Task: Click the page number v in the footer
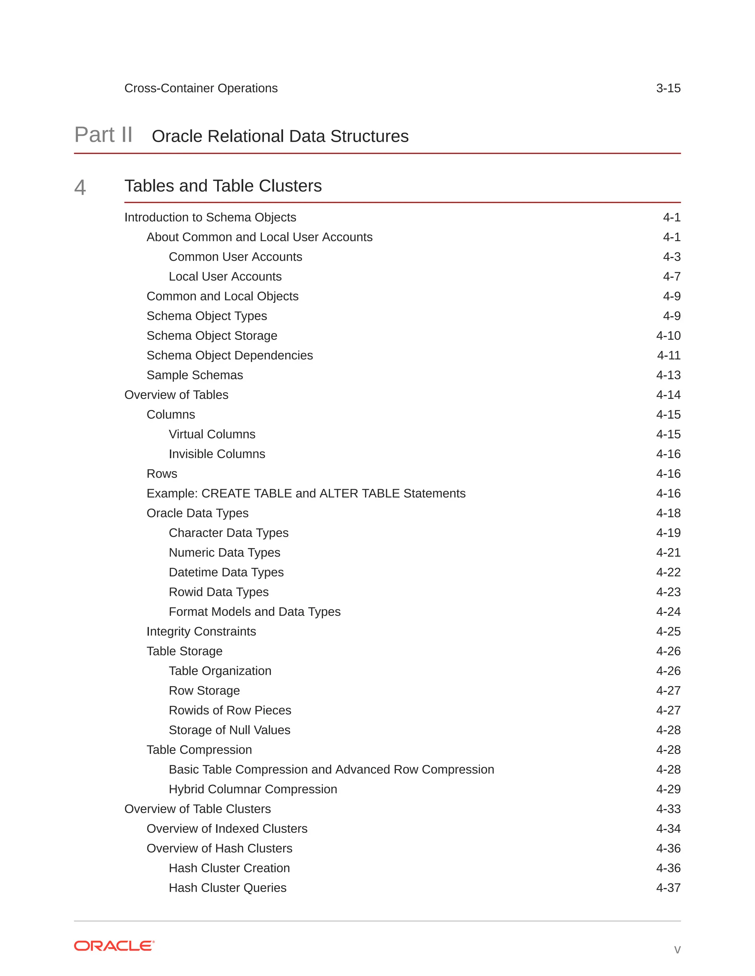[677, 949]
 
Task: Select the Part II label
[103, 135]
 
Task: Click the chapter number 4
[80, 187]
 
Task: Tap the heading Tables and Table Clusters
[223, 186]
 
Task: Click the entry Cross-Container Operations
[201, 88]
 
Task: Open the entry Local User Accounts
[225, 277]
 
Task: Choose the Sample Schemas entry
[195, 375]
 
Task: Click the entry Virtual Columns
[212, 434]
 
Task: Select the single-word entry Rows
[162, 474]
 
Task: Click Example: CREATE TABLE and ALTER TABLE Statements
[306, 494]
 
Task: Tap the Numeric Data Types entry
[225, 553]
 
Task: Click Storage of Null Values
[229, 730]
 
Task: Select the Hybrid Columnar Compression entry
[253, 789]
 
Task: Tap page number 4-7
[671, 277]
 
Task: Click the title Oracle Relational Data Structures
[280, 136]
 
